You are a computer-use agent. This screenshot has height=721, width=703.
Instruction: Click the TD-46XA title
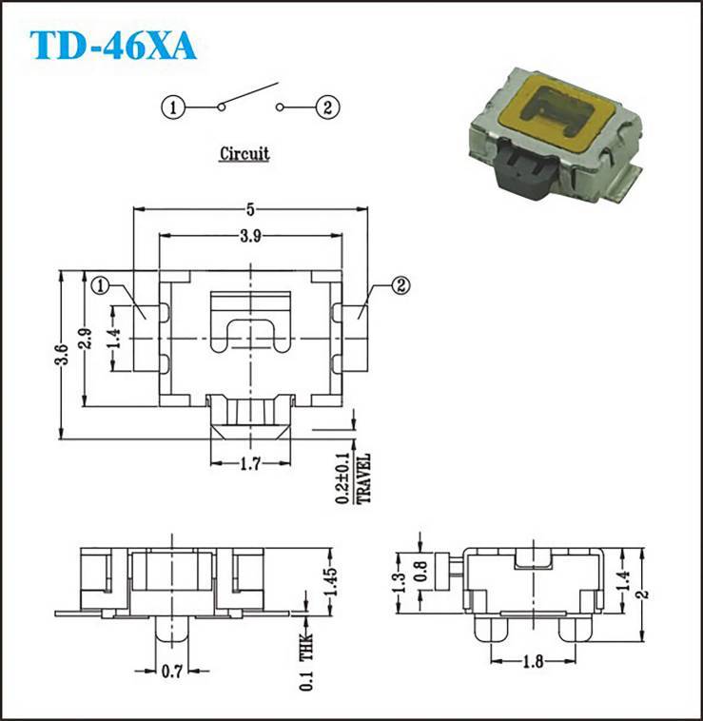tap(113, 46)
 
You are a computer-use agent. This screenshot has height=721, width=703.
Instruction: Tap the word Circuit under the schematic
tap(244, 153)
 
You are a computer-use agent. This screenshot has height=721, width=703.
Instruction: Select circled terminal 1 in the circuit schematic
tap(173, 107)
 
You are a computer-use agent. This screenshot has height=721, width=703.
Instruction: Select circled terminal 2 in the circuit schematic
tap(327, 107)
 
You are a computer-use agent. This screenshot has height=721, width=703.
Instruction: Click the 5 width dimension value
tap(250, 209)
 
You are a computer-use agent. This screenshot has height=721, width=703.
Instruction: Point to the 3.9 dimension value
tap(250, 236)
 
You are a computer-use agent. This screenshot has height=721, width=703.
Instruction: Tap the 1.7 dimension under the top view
tap(250, 463)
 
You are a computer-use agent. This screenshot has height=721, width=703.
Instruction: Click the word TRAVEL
tap(363, 478)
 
